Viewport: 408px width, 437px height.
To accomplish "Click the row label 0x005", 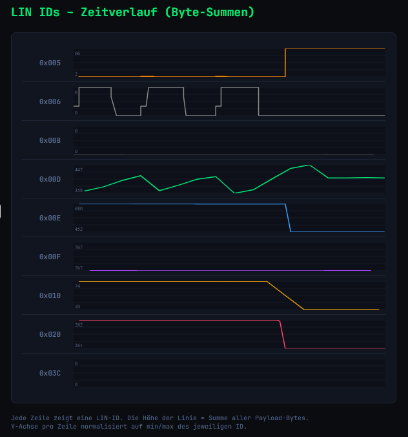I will [50, 63].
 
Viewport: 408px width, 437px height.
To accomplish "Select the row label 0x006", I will [50, 102].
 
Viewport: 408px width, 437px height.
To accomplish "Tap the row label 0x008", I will [50, 141].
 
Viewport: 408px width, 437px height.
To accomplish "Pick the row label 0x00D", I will [50, 180].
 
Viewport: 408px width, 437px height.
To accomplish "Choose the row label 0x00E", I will [50, 218].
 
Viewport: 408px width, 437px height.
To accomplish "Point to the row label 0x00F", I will [50, 257].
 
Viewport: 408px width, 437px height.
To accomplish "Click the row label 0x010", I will [50, 296].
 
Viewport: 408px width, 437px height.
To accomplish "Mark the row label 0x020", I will [50, 335].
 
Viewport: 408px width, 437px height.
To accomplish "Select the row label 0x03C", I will [50, 374].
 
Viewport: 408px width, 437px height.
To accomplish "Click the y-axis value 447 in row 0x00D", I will [78, 169].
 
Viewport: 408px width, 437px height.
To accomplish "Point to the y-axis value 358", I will [78, 190].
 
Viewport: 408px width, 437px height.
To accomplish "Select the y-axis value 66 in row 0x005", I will [77, 53].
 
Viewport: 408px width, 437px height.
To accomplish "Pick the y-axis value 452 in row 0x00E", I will [78, 229].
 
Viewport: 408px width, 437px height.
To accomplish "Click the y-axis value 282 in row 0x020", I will [78, 325].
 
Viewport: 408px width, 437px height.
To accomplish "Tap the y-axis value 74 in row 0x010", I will [77, 286].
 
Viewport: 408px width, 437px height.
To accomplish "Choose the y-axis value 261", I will [78, 345].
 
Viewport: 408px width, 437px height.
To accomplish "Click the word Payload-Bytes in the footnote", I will [281, 418].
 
